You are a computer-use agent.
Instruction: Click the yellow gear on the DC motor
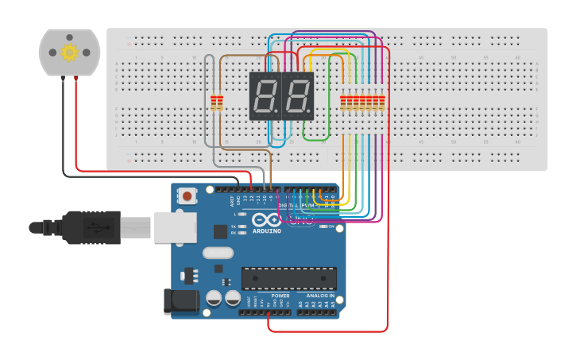tap(69, 52)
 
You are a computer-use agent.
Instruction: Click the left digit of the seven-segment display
tap(265, 95)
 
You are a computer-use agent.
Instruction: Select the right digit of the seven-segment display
tap(298, 95)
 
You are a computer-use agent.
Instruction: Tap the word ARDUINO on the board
tap(267, 231)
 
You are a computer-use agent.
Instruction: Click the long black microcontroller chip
tap(288, 277)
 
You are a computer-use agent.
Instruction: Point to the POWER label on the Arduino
tap(280, 296)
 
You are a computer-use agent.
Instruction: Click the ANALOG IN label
tap(321, 296)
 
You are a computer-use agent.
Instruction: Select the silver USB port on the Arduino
tap(175, 227)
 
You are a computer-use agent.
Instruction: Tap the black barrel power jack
tap(179, 301)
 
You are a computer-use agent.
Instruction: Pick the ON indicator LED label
tap(331, 226)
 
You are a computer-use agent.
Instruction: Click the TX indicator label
tap(233, 226)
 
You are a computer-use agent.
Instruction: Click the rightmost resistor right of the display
tap(382, 103)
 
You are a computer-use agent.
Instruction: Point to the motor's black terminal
tap(62, 78)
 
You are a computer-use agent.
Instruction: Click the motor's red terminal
tap(75, 78)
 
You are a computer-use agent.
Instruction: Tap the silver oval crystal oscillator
tap(218, 254)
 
